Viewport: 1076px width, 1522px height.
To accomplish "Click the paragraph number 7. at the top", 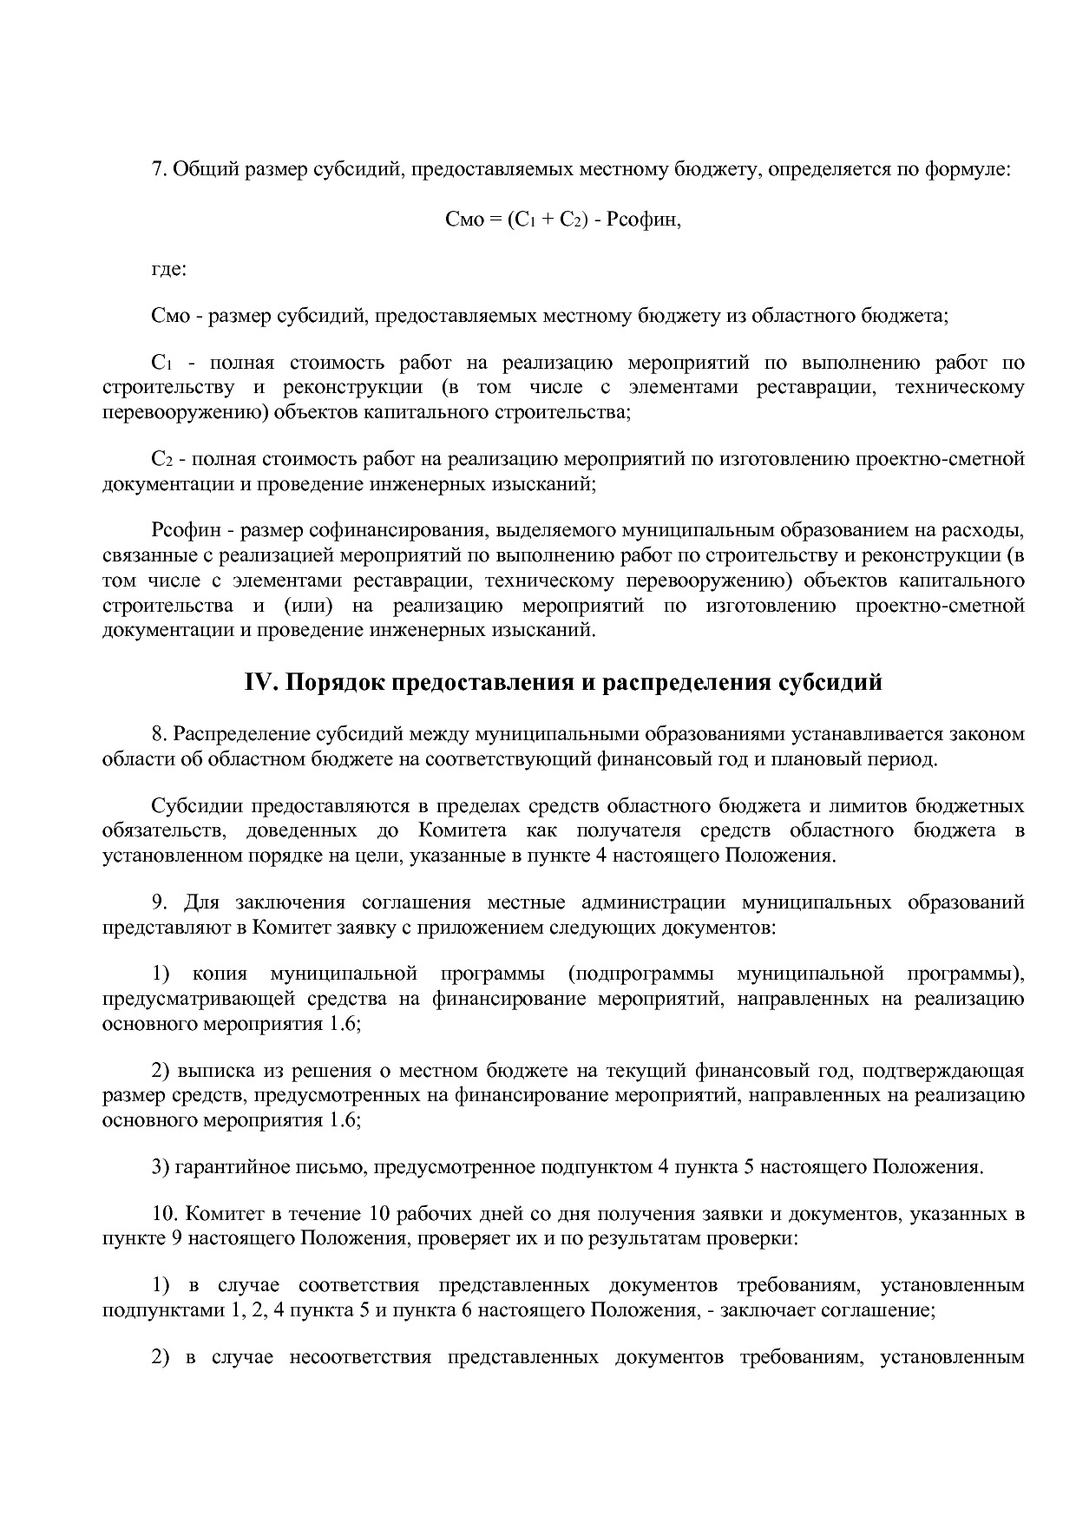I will click(160, 169).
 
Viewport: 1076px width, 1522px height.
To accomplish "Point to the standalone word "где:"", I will click(169, 269).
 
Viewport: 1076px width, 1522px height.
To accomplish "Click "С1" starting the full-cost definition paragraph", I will click(161, 363).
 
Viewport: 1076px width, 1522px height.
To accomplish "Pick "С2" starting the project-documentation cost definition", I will click(161, 459).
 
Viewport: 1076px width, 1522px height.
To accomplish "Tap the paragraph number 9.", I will click(160, 902).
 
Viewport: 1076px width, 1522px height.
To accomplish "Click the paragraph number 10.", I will click(164, 1214).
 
